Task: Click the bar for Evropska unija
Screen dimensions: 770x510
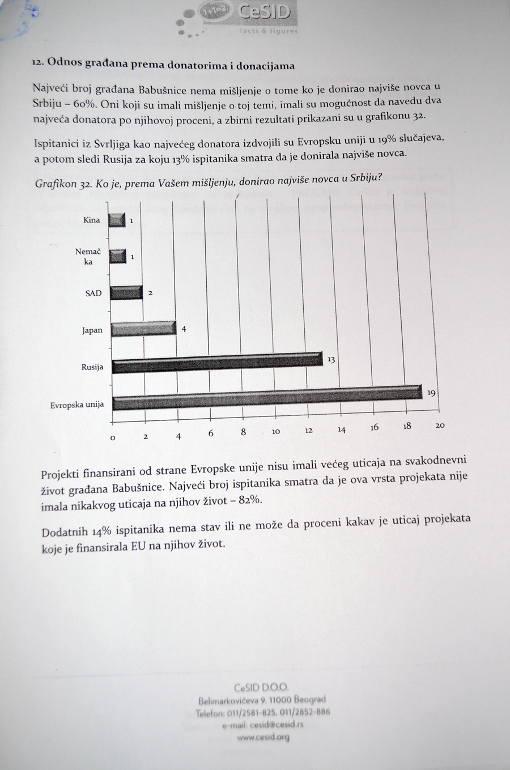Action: (x=266, y=398)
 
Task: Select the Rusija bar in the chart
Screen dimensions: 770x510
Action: (x=216, y=363)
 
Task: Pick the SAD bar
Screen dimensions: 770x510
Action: (x=126, y=292)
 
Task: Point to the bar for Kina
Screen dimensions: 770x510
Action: (x=117, y=220)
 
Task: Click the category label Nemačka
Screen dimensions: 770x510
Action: (x=88, y=256)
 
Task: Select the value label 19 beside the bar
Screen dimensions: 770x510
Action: (x=431, y=393)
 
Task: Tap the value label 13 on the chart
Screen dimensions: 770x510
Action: (x=331, y=360)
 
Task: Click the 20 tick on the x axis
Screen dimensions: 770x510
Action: (x=440, y=426)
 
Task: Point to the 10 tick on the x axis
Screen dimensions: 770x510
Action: (x=276, y=432)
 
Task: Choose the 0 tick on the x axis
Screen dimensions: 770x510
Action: (x=112, y=437)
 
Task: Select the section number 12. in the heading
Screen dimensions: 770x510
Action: (x=38, y=64)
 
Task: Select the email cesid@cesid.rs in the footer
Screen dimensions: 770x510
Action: (x=262, y=725)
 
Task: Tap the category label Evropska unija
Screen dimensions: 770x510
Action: (x=77, y=405)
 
